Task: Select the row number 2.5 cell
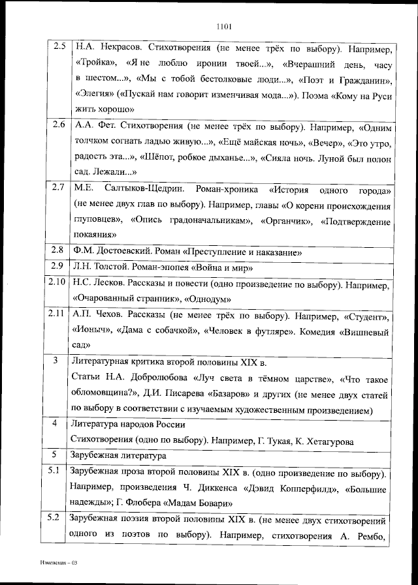pyautogui.click(x=59, y=48)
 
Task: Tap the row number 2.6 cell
pyautogui.click(x=59, y=124)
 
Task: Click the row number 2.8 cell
pyautogui.click(x=59, y=250)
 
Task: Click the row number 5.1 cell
pyautogui.click(x=57, y=472)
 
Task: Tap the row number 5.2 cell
pyautogui.click(x=57, y=520)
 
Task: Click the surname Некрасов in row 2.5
pyautogui.click(x=116, y=48)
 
